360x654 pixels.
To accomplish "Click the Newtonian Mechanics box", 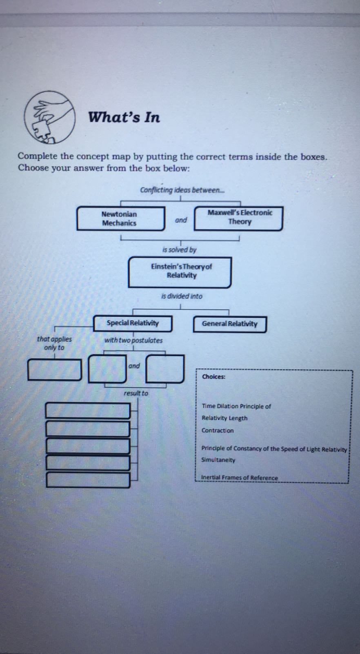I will pyautogui.click(x=120, y=218).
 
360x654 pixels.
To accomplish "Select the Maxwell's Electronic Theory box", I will pyautogui.click(x=239, y=218).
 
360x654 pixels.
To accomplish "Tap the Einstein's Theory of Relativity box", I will pyautogui.click(x=180, y=271).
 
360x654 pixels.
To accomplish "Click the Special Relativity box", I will pyautogui.click(x=133, y=323).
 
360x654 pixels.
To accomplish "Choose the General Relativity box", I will pyautogui.click(x=229, y=324).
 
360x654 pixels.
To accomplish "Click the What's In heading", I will pyautogui.click(x=124, y=118).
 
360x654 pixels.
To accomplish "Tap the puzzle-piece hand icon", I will pyautogui.click(x=49, y=117).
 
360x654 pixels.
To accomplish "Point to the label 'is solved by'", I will pyautogui.click(x=179, y=250).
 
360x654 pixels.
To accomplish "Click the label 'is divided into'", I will pyautogui.click(x=182, y=296).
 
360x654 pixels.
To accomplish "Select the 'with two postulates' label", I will pyautogui.click(x=133, y=340).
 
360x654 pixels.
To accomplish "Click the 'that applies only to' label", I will pyautogui.click(x=54, y=343).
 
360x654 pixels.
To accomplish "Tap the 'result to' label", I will pyautogui.click(x=136, y=393).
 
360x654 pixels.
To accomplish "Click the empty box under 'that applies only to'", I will pyautogui.click(x=54, y=370).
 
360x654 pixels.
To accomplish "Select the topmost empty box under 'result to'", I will pyautogui.click(x=88, y=411).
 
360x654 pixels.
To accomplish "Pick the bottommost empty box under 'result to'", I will pyautogui.click(x=88, y=480).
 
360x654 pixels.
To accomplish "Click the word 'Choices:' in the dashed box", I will pyautogui.click(x=213, y=377).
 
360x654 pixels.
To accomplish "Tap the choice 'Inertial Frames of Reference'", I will pyautogui.click(x=239, y=478).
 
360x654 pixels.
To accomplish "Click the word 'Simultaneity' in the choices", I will pyautogui.click(x=218, y=460).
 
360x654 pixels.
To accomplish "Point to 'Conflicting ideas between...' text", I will pyautogui.click(x=182, y=190).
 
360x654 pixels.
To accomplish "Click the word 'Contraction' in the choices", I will pyautogui.click(x=218, y=431).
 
